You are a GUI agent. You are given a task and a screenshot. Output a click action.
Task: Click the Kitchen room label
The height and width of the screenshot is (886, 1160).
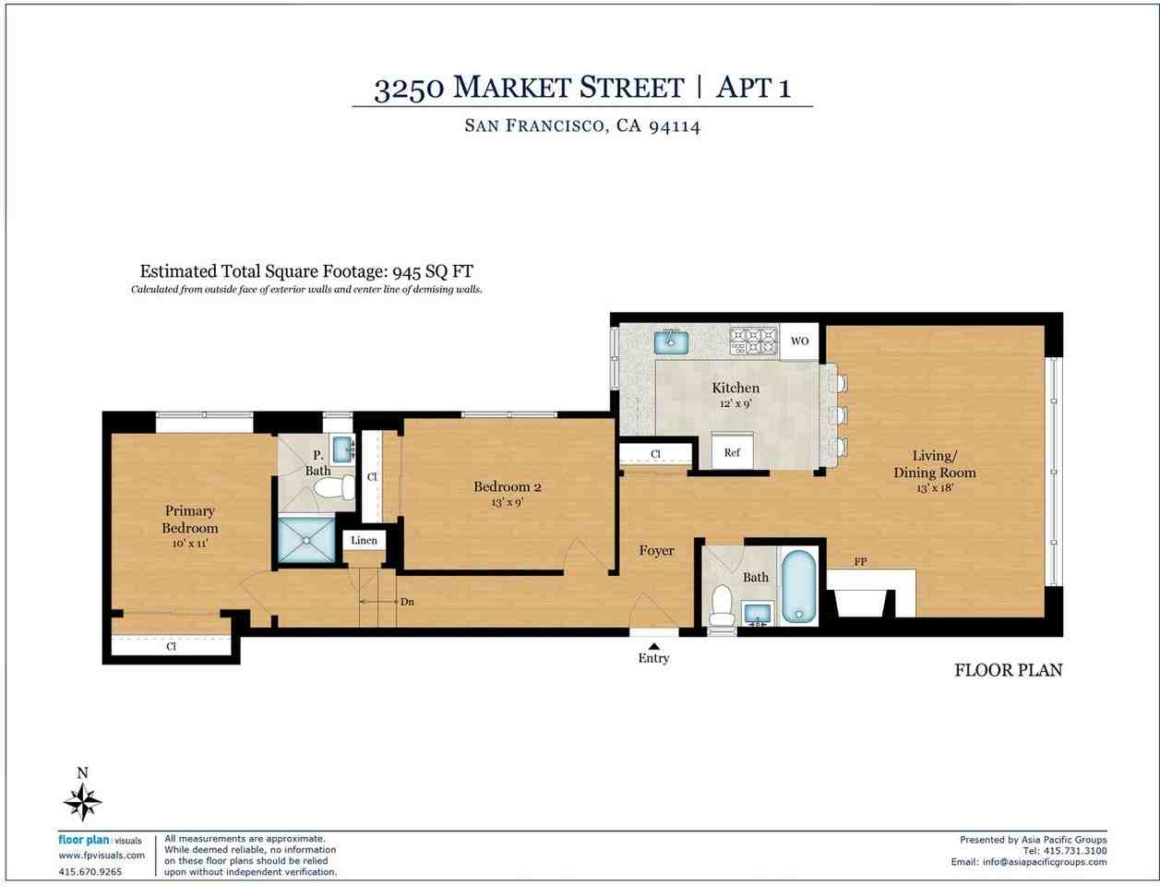[x=735, y=388]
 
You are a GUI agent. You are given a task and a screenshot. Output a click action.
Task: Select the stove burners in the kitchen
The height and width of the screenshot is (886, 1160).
[x=754, y=341]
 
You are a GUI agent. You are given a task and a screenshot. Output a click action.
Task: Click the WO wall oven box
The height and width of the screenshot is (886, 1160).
[x=799, y=341]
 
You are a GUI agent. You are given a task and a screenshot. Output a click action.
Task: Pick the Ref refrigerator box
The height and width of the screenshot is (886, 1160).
[x=732, y=452]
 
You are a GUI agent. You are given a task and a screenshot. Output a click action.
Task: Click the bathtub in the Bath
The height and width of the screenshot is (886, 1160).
[x=798, y=587]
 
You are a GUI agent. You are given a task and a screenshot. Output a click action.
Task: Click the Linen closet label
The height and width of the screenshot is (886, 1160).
[x=365, y=540]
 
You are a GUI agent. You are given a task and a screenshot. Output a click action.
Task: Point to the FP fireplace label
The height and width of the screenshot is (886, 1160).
[x=860, y=561]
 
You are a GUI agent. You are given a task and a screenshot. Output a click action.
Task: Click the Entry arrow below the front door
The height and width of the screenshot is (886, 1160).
[x=653, y=646]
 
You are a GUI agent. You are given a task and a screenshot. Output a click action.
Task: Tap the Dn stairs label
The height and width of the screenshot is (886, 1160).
[x=407, y=602]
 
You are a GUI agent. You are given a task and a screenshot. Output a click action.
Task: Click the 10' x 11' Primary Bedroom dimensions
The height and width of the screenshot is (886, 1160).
[x=190, y=545]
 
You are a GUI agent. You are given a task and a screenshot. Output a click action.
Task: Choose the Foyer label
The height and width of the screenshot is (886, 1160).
[x=656, y=550]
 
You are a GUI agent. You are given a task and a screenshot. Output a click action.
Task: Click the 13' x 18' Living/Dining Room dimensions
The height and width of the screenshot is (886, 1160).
[x=934, y=487]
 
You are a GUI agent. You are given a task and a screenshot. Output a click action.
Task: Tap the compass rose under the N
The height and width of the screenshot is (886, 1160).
[x=83, y=801]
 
